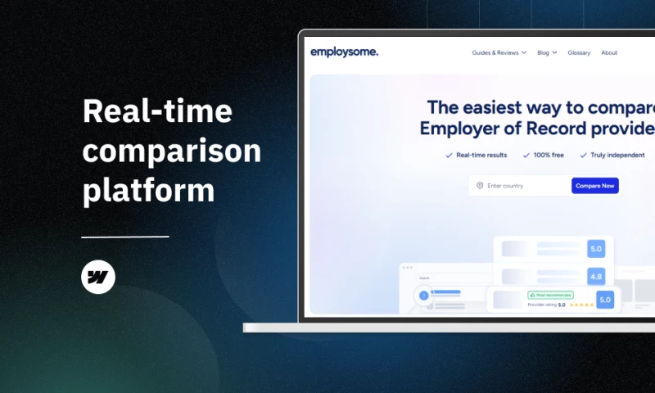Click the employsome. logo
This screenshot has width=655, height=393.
[344, 52]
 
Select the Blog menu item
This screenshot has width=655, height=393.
[546, 52]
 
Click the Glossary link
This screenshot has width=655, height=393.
[579, 52]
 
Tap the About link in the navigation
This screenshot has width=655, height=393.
[609, 52]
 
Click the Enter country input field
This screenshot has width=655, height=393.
[524, 186]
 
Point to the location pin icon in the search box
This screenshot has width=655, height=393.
[480, 186]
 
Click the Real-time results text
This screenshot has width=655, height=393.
[481, 155]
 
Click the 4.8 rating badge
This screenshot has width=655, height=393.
[595, 277]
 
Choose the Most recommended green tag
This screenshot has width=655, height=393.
[551, 295]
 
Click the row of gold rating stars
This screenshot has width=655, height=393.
[581, 305]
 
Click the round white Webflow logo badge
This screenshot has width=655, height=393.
[98, 278]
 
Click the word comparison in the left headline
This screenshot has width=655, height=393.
[172, 151]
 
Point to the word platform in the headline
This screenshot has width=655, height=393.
[148, 191]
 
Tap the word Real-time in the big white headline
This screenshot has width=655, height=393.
[157, 112]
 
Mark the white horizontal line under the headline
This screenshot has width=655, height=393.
[125, 237]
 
